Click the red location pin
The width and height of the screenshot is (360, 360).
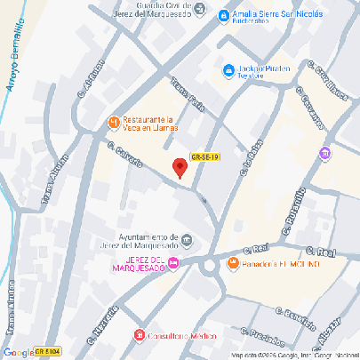[x=180, y=167]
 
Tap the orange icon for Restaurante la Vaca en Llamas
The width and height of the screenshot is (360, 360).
[x=113, y=122]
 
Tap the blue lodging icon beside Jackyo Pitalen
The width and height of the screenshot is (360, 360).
[x=228, y=69]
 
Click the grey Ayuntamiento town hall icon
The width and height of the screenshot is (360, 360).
[x=187, y=238]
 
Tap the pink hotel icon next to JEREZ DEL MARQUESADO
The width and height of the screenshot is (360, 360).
[x=173, y=261]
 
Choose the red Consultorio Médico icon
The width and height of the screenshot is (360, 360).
[x=138, y=335]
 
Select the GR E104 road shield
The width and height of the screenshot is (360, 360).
[x=47, y=352]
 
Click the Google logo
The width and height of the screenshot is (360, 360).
[x=18, y=352]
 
